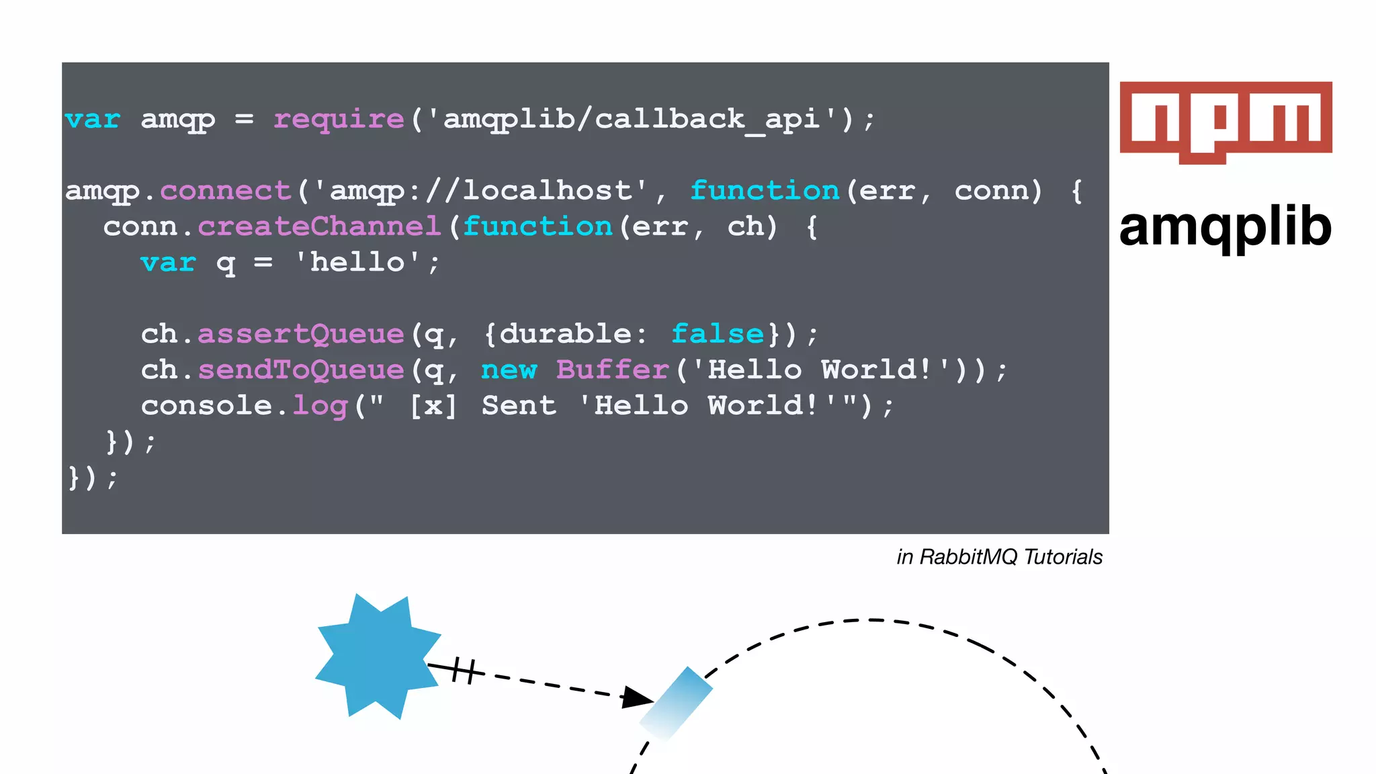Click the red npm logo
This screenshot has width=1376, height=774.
point(1225,121)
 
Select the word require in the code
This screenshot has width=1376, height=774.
point(339,119)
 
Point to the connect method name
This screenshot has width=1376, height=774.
point(225,191)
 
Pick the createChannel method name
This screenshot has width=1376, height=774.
point(319,226)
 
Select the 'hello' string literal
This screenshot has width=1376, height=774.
point(358,262)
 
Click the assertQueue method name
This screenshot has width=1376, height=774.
point(300,334)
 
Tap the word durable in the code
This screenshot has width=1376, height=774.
point(565,334)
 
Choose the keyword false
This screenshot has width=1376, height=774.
point(718,334)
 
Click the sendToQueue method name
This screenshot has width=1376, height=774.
point(300,370)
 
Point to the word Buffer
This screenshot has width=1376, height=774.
point(613,370)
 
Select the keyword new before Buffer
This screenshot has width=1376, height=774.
point(509,370)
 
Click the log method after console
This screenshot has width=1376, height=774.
point(320,406)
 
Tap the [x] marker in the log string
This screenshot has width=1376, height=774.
point(433,406)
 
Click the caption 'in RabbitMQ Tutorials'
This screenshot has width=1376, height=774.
point(999,557)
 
